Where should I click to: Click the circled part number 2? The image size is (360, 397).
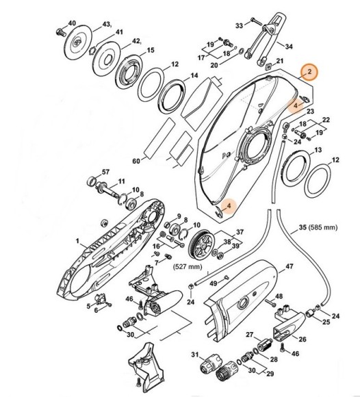pos(309,72)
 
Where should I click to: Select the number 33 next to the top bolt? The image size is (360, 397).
pos(239,25)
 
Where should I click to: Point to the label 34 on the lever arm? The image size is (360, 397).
pos(289,47)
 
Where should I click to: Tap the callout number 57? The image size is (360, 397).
pos(105,171)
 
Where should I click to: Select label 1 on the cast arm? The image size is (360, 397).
pos(79,240)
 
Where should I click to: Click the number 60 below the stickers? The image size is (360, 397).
pos(136,161)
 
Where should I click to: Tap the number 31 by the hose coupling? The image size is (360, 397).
pos(194,354)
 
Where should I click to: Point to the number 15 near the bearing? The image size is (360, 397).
pos(150,50)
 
